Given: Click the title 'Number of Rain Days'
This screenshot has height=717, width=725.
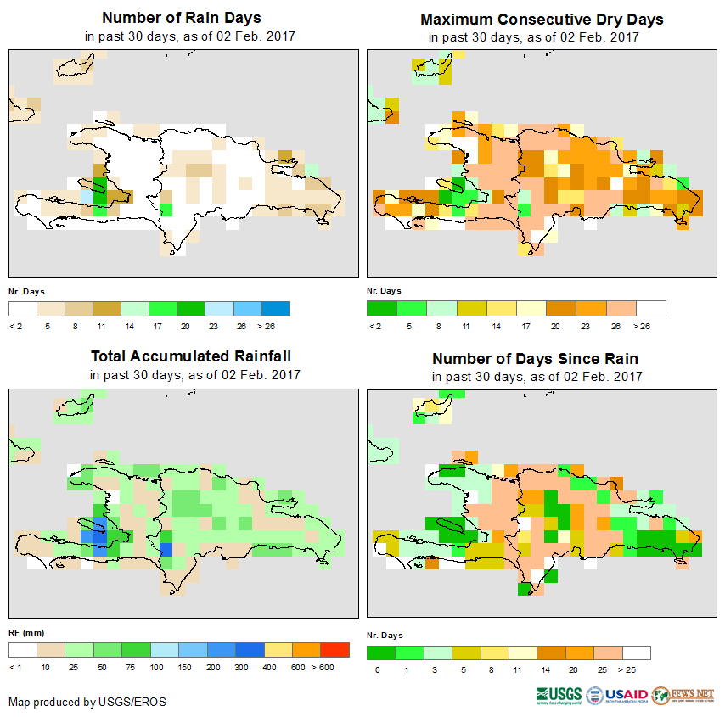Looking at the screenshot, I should tap(181, 18).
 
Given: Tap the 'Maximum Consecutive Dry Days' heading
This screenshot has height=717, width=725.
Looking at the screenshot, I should tap(542, 19).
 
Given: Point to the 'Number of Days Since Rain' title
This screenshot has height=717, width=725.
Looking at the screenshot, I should tap(535, 359).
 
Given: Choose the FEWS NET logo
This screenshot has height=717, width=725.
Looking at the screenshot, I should tap(683, 695).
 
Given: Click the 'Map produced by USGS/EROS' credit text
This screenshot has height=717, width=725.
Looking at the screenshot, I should tap(87, 702).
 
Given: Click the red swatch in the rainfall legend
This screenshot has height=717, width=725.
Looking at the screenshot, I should tap(334, 650).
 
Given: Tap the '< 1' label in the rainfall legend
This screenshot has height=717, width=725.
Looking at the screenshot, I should tap(15, 668).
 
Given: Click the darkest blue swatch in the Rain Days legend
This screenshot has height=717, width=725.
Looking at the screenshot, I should tap(276, 308).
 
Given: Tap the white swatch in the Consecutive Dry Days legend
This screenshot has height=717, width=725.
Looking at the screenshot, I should tap(651, 308).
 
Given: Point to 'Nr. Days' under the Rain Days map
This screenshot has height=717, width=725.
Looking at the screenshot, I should tap(26, 291).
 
